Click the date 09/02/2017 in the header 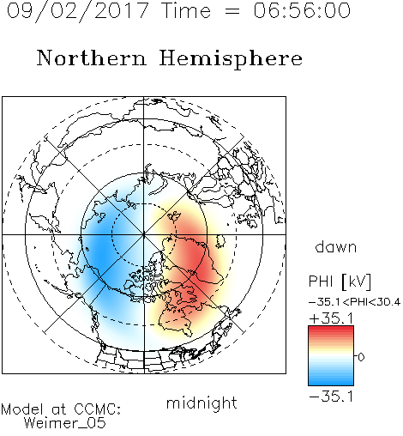(78, 11)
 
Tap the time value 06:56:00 (302, 10)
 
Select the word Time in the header (186, 10)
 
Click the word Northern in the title (92, 58)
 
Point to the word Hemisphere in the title (231, 59)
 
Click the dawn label (336, 246)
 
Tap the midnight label (201, 403)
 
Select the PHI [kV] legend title (340, 282)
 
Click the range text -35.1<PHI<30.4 (354, 302)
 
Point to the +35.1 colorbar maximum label (331, 318)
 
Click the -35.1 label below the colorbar (331, 397)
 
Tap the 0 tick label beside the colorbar (361, 357)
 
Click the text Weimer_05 (65, 423)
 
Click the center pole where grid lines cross (144, 234)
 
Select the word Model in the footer (22, 409)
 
